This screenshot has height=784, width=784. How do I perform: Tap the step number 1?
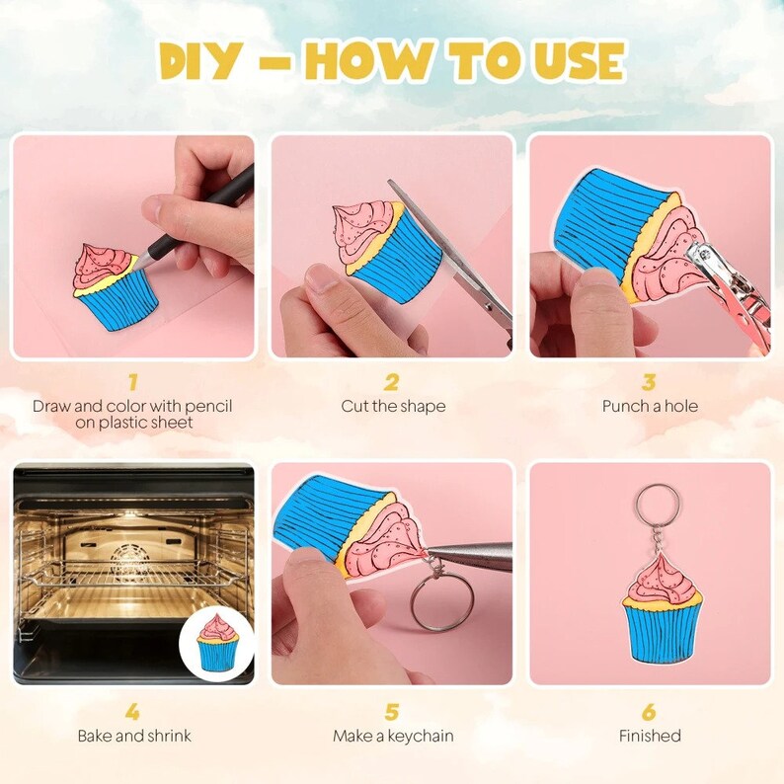pos(132,382)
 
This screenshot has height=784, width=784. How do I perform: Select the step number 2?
pos(392,382)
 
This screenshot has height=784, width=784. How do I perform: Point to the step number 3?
pos(649,382)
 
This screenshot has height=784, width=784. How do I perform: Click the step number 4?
pos(132,711)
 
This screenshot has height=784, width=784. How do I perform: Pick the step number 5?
pos(392,711)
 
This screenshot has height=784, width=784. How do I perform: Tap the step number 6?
pos(649,711)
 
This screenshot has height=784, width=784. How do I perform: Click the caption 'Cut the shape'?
pos(393,406)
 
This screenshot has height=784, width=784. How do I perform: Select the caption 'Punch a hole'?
pos(650,406)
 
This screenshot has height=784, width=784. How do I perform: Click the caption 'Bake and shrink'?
pos(134,736)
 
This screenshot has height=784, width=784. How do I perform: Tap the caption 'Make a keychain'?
pos(393,736)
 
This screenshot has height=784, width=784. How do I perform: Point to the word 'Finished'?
pos(650,736)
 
